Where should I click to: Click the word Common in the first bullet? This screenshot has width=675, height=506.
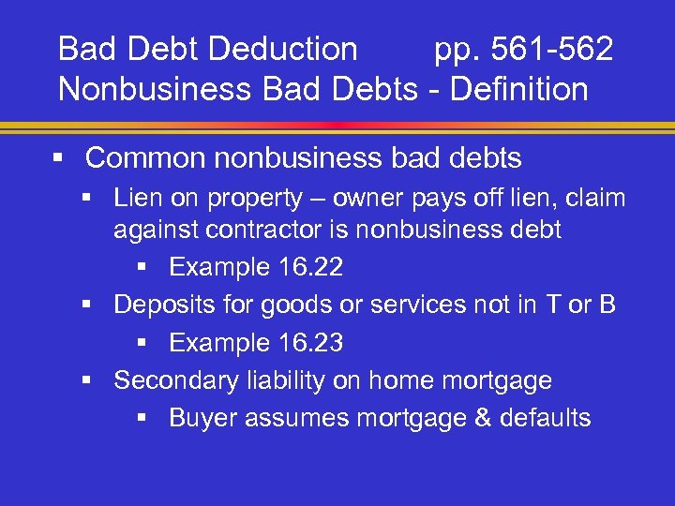coord(144,158)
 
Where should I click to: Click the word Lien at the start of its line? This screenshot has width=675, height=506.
coord(133,198)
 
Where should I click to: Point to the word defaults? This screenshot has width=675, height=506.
coord(547,418)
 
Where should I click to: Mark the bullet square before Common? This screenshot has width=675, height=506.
coord(59,158)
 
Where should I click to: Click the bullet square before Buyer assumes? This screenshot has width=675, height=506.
coord(141,419)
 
